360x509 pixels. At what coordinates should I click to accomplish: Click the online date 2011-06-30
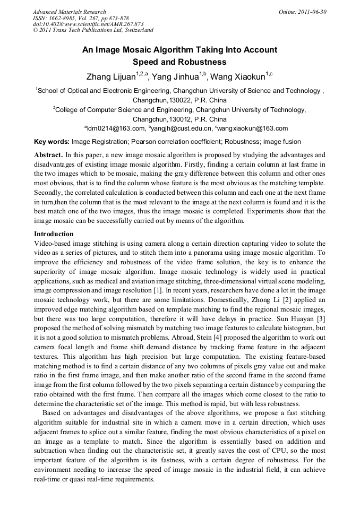coord(312,12)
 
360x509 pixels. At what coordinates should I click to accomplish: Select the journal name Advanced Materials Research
coord(69,12)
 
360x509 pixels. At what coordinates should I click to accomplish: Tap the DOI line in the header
coord(88,24)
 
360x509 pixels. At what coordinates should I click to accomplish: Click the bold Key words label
coord(52,142)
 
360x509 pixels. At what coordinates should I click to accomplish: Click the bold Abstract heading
coord(48,155)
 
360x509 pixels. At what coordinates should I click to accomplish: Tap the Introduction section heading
coord(54,234)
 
